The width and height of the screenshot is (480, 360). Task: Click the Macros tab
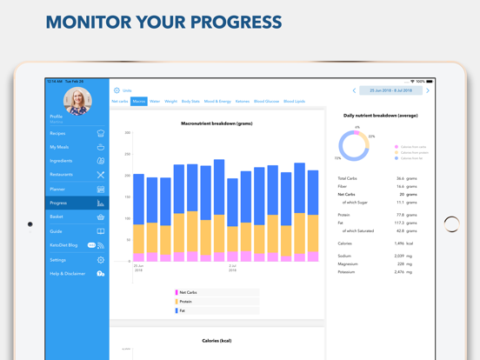139,102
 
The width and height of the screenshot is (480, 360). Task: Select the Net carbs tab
120,102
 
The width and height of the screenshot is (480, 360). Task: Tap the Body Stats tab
190,102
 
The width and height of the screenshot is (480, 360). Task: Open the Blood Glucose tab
266,102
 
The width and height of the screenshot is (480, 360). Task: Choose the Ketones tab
243,102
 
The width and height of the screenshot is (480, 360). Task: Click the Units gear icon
117,90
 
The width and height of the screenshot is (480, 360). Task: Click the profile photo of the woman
77,100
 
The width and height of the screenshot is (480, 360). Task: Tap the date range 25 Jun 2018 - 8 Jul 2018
390,90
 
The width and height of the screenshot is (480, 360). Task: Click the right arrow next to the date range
428,90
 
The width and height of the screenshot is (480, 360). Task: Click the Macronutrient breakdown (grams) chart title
217,123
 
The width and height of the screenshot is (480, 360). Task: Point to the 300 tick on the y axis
128,133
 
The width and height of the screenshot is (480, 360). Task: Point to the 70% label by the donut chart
338,158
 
